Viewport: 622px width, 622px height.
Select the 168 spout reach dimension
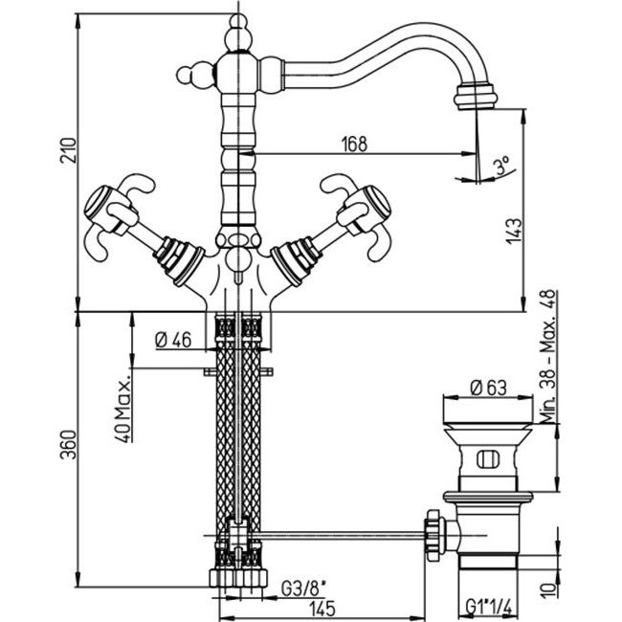tap(354, 144)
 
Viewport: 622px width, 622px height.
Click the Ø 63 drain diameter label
tap(487, 389)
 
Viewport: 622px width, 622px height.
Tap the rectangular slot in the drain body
tap(485, 457)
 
